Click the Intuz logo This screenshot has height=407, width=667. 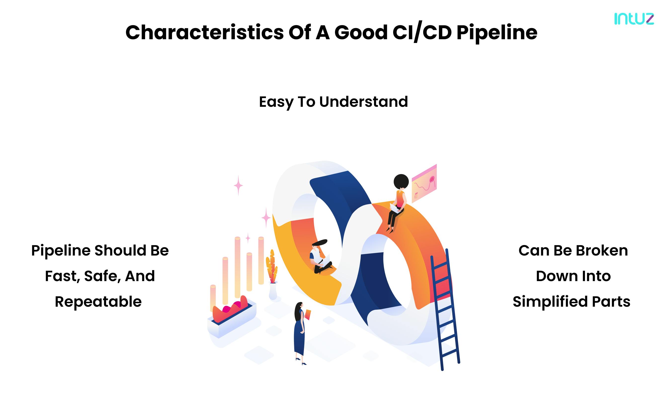pyautogui.click(x=634, y=19)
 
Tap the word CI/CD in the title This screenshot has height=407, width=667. pyautogui.click(x=422, y=33)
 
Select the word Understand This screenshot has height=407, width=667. pyautogui.click(x=363, y=102)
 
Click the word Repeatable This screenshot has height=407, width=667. pyautogui.click(x=98, y=302)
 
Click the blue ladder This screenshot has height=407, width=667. pyautogui.click(x=446, y=311)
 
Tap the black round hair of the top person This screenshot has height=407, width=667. pyautogui.click(x=401, y=182)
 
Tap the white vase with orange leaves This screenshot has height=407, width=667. pyautogui.click(x=273, y=291)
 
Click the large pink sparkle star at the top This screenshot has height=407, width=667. pyautogui.click(x=238, y=185)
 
